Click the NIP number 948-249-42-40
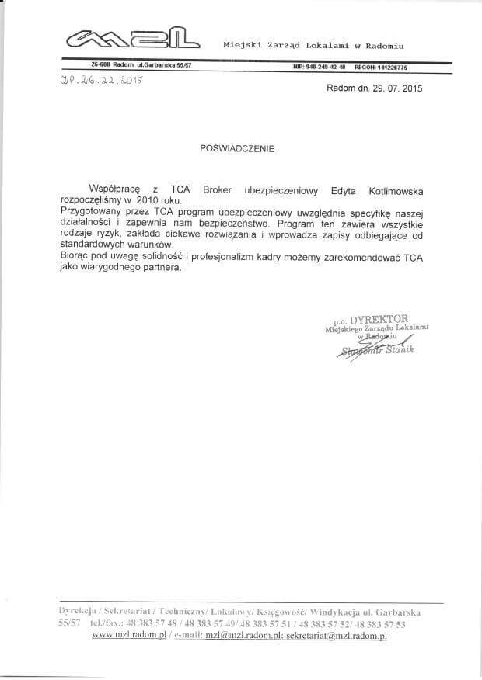(x=320, y=67)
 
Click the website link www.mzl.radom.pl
(x=130, y=635)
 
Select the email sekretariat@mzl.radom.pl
(x=336, y=635)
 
